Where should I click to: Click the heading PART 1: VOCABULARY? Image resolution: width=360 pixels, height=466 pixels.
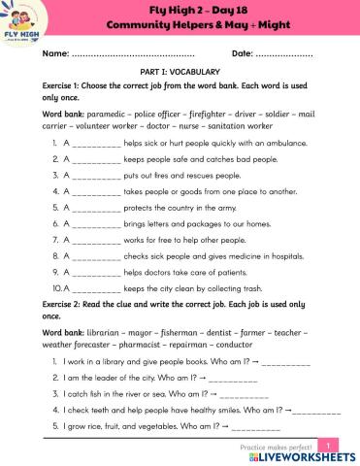(x=180, y=72)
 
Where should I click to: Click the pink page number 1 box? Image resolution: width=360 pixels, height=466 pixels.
(x=331, y=446)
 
